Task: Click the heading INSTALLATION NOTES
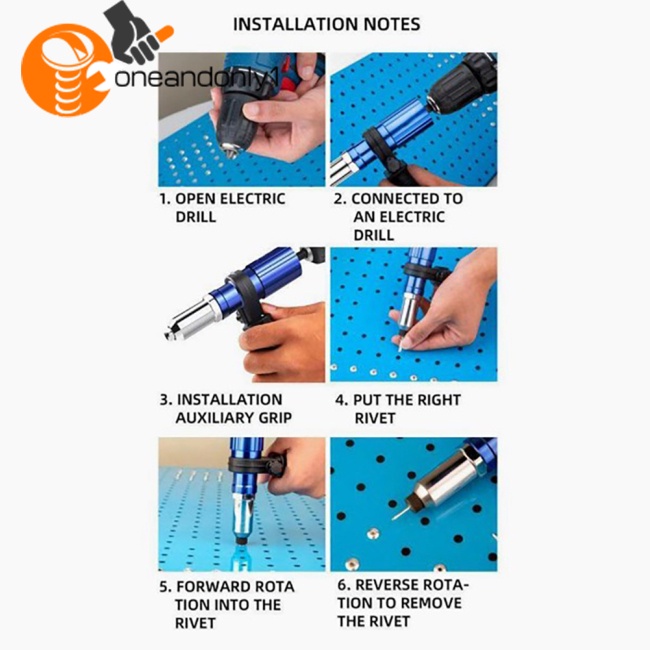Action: tap(326, 24)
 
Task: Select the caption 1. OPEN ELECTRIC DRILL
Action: tap(222, 207)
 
